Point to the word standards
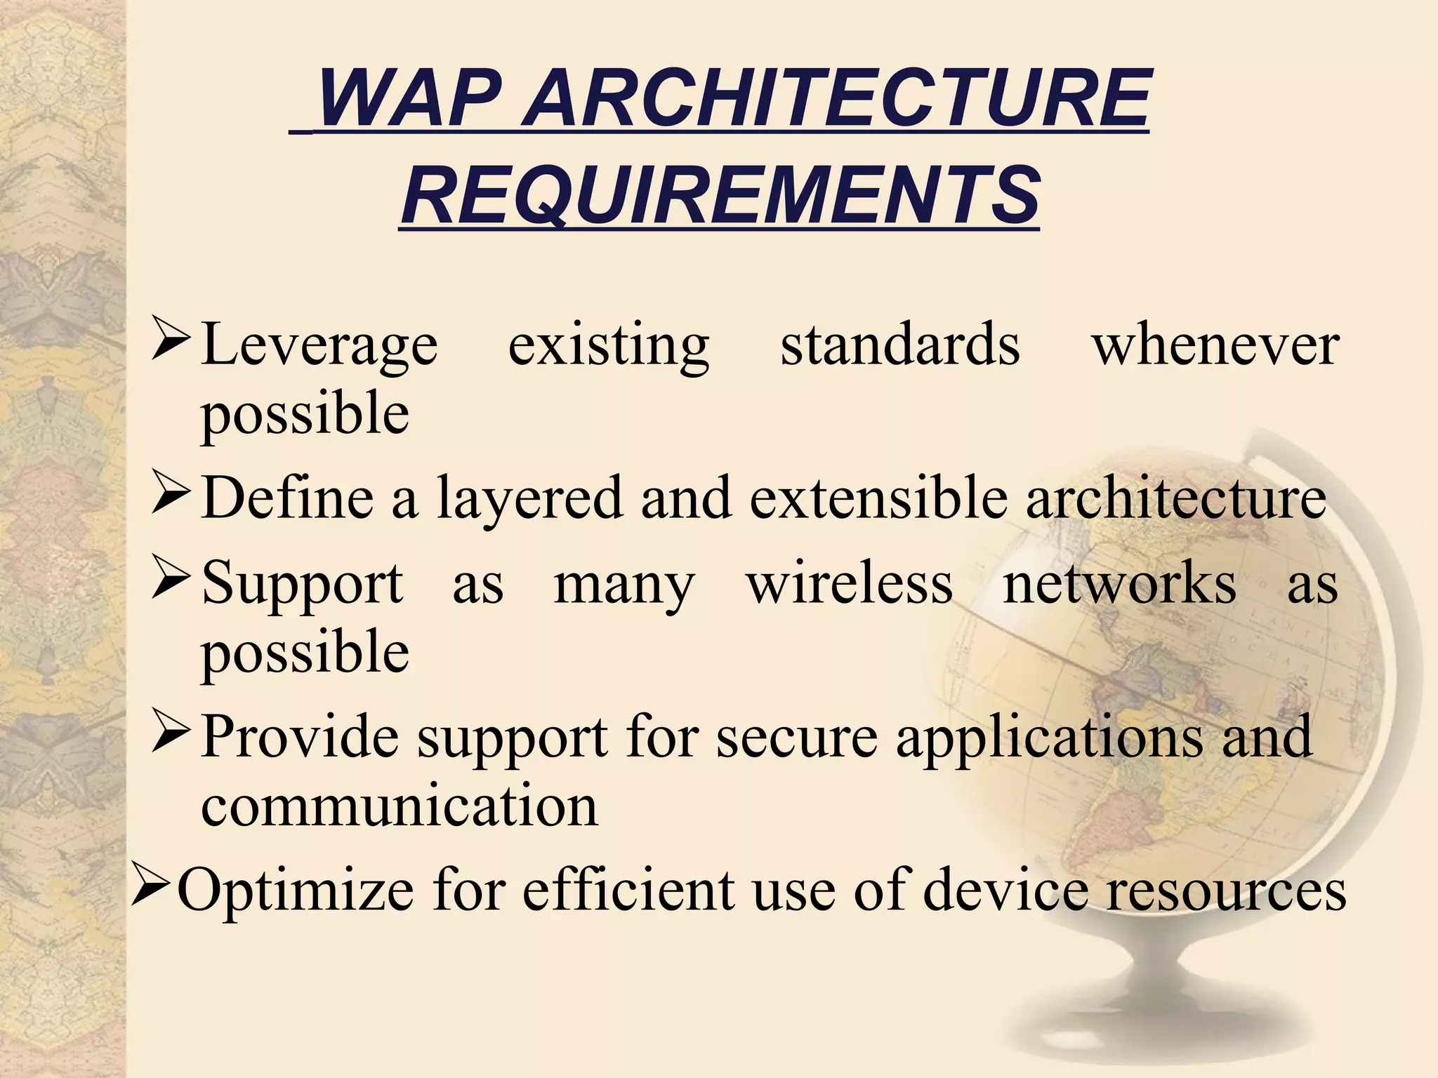[x=899, y=345]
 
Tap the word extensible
[x=878, y=497]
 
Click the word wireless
[x=850, y=583]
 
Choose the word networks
[x=1119, y=583]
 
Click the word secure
[x=796, y=737]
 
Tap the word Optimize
[x=295, y=890]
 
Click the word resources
[x=1226, y=890]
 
